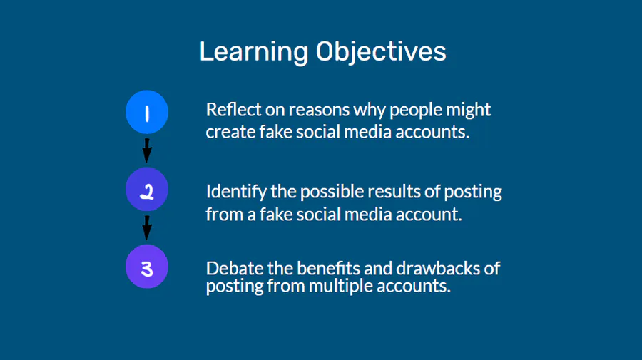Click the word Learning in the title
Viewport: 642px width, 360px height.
coord(254,52)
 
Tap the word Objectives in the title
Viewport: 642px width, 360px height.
coord(381,52)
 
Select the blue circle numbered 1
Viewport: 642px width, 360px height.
coord(147,112)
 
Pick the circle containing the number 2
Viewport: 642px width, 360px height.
coord(147,190)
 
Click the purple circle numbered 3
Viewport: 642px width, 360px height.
coord(147,267)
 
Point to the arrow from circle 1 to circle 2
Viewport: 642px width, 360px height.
coord(147,150)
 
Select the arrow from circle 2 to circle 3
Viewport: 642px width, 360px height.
coord(147,228)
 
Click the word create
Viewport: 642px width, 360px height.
coord(230,133)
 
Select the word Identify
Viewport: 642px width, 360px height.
coord(236,192)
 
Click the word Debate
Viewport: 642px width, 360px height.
coord(235,268)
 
